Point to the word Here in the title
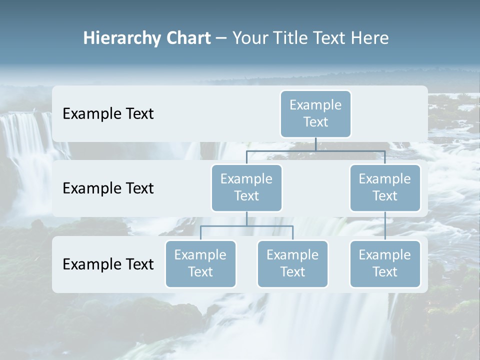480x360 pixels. [371, 38]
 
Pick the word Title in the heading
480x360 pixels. [295, 38]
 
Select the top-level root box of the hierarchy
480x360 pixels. [315, 113]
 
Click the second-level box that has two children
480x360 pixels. [246, 187]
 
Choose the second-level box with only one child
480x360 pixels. [385, 187]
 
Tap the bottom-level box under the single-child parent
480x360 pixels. [385, 263]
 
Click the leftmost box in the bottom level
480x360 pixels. [200, 263]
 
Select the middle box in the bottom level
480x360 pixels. [292, 263]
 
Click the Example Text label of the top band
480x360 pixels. [108, 114]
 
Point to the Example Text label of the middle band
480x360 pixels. [108, 188]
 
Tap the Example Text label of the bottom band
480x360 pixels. [108, 264]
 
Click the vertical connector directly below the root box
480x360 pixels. [315, 144]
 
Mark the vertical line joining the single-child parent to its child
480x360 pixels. [385, 226]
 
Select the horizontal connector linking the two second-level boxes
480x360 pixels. [315, 150]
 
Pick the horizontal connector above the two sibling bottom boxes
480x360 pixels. [246, 226]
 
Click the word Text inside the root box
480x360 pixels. [315, 122]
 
